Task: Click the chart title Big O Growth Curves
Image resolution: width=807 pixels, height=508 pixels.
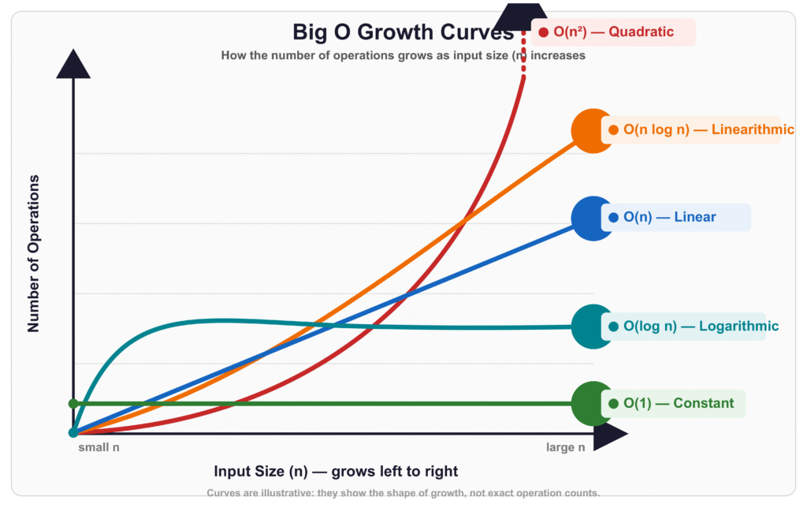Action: (403, 32)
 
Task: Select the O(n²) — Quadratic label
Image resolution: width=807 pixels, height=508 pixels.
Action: (613, 32)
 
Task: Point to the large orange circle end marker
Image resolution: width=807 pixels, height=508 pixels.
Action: (593, 131)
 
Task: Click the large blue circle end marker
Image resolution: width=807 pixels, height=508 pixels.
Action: (593, 219)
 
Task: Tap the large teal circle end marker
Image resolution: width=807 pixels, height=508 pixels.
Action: (593, 327)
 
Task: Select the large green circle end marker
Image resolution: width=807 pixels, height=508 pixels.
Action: (593, 403)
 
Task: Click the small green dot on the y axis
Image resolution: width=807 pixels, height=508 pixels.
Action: (73, 403)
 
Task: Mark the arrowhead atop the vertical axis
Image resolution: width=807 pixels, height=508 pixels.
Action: (73, 64)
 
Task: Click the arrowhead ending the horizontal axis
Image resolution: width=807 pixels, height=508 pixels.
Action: (611, 434)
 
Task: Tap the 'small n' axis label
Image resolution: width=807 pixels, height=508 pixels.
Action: (99, 447)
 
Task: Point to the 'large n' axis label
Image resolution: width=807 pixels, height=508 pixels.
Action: (566, 447)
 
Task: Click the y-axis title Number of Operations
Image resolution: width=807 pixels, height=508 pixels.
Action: (33, 253)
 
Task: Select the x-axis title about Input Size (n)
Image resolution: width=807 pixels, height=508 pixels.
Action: (336, 472)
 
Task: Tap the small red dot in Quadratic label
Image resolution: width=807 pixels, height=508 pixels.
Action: (544, 32)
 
